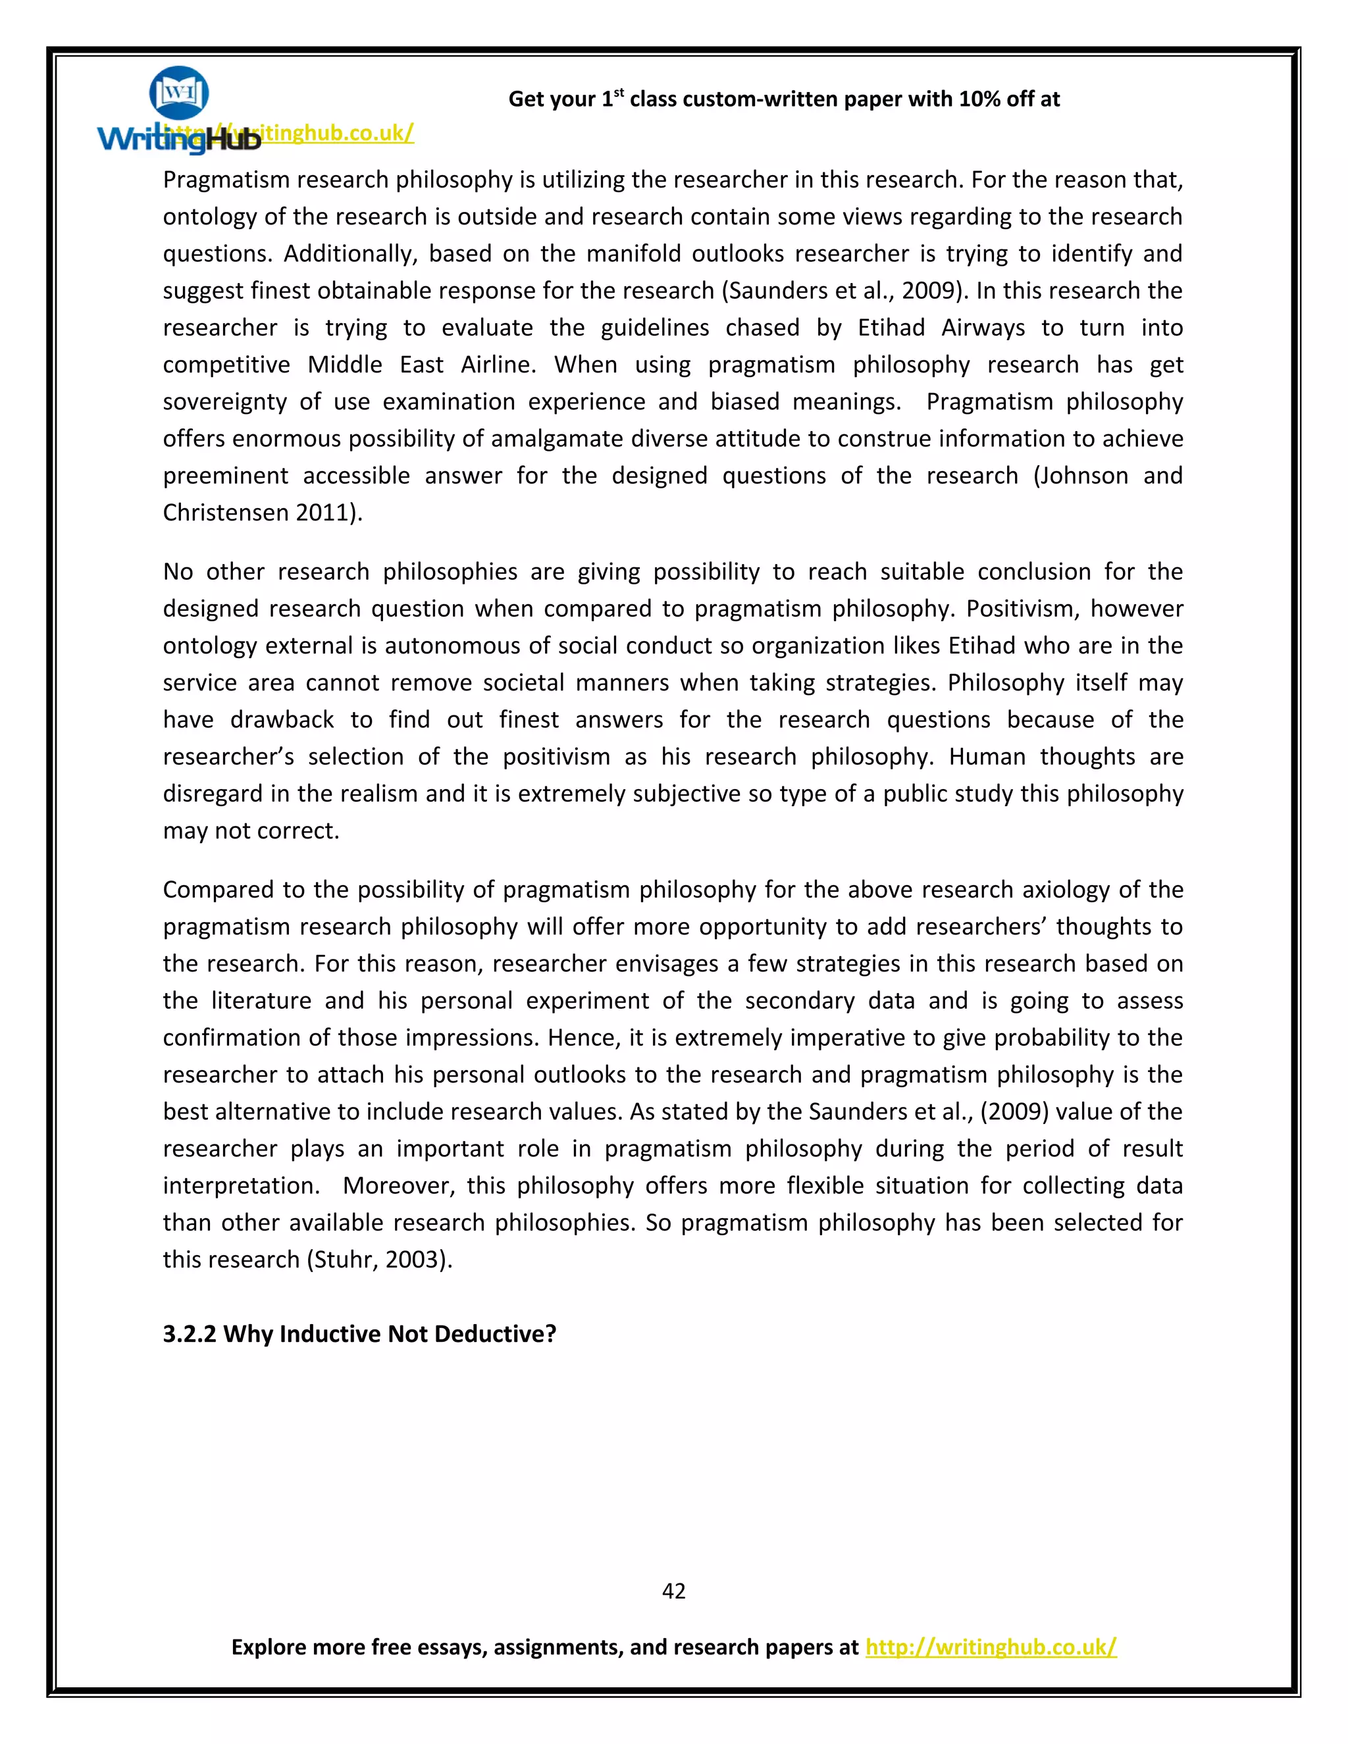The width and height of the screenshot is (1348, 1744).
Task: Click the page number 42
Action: [673, 1591]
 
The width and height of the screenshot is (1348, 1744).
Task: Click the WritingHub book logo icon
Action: [179, 93]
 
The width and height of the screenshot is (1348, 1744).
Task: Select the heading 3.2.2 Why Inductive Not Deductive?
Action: [359, 1333]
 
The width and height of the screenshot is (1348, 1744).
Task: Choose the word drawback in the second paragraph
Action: [282, 719]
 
